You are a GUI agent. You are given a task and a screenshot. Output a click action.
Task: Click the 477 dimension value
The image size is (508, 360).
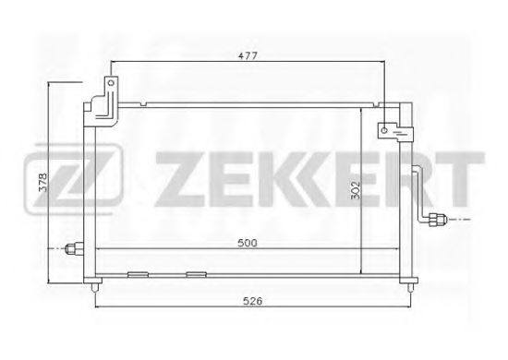248,55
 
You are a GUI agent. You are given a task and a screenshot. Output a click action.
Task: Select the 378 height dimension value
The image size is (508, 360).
42,183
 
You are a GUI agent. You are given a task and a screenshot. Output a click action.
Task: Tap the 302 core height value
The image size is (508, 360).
356,190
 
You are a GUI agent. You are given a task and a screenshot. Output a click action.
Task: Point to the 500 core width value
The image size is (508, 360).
248,243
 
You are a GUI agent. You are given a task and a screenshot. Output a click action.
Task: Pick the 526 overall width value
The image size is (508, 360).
253,301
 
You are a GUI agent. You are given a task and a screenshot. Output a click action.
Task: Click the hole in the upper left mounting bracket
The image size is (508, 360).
111,83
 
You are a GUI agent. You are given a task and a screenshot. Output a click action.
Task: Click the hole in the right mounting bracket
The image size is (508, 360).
384,130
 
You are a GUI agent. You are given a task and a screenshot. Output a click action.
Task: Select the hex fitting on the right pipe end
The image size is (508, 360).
437,220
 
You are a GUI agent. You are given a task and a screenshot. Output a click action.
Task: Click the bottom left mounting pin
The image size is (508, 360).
95,287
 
